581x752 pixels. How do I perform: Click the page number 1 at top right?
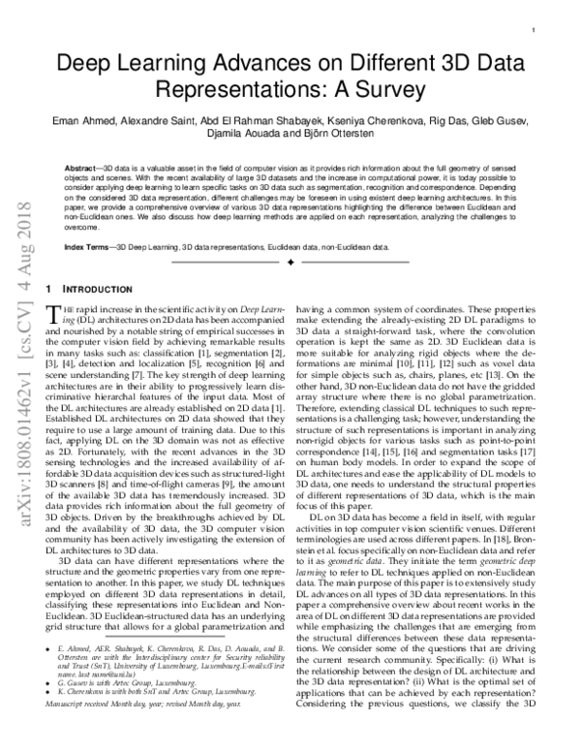tap(535, 31)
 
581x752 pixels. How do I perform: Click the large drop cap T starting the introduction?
tap(54, 310)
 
